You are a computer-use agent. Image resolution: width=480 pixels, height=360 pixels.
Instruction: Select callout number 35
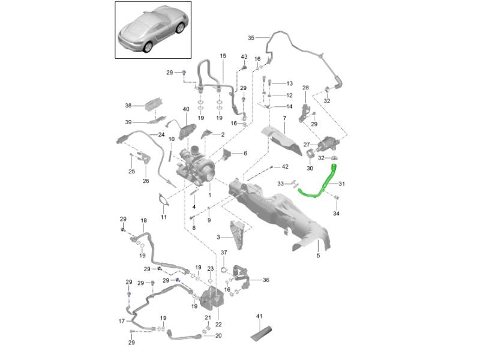(x=251, y=37)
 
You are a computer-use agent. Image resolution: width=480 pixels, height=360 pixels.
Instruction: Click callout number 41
(x=259, y=316)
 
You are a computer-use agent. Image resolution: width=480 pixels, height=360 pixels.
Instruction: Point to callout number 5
(x=318, y=256)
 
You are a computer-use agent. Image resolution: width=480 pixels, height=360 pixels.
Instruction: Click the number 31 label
(x=342, y=184)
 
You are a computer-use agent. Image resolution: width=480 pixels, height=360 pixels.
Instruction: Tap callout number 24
(x=161, y=134)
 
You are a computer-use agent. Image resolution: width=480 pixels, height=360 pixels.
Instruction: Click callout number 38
(x=128, y=106)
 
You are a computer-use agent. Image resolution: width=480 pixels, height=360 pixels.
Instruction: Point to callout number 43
(x=244, y=56)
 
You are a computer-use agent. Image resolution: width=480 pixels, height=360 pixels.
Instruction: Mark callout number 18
(x=143, y=221)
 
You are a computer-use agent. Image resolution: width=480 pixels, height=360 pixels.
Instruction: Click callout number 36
(x=266, y=280)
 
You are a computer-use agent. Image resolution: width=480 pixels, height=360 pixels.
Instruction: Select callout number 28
(x=305, y=88)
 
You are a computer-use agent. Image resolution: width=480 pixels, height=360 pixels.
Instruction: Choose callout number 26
(x=145, y=181)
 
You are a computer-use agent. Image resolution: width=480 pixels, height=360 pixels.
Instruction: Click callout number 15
(x=222, y=56)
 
